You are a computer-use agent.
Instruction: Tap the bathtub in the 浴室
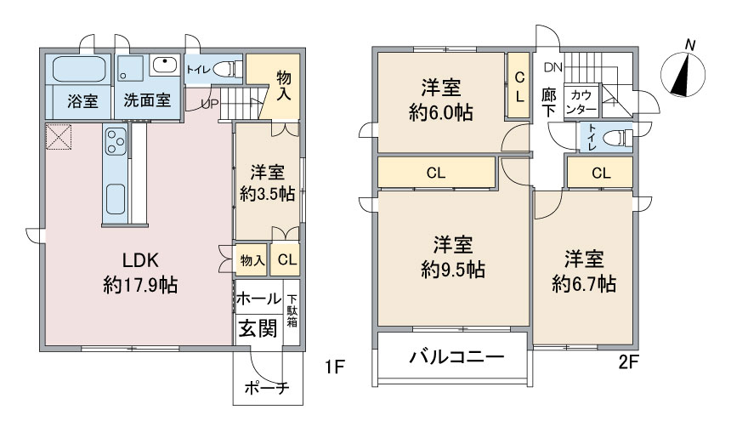tap(77, 69)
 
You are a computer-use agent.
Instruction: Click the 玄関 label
tap(256, 327)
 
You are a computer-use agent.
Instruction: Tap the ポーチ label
tap(266, 389)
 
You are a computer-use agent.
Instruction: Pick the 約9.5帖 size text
tap(453, 270)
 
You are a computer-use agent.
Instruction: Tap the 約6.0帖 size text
tap(440, 112)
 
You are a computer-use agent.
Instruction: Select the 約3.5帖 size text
tap(267, 193)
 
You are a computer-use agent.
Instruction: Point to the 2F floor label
tap(627, 363)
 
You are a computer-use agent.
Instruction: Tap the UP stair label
tap(209, 104)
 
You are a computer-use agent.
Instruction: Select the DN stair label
tap(552, 67)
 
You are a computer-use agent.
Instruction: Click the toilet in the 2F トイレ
tap(618, 137)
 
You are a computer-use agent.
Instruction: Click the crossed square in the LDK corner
tap(60, 138)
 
